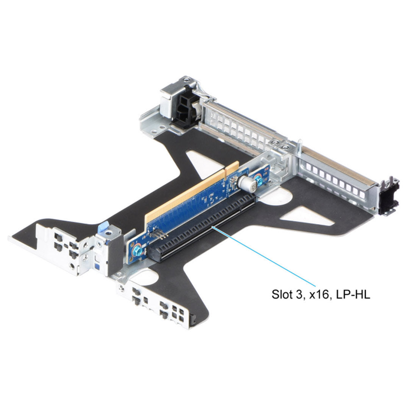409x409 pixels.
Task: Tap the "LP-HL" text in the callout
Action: pos(353,294)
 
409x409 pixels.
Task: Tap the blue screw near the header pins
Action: pos(137,251)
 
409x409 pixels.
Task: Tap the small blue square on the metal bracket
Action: pos(98,267)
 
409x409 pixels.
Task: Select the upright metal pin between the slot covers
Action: pos(299,146)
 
